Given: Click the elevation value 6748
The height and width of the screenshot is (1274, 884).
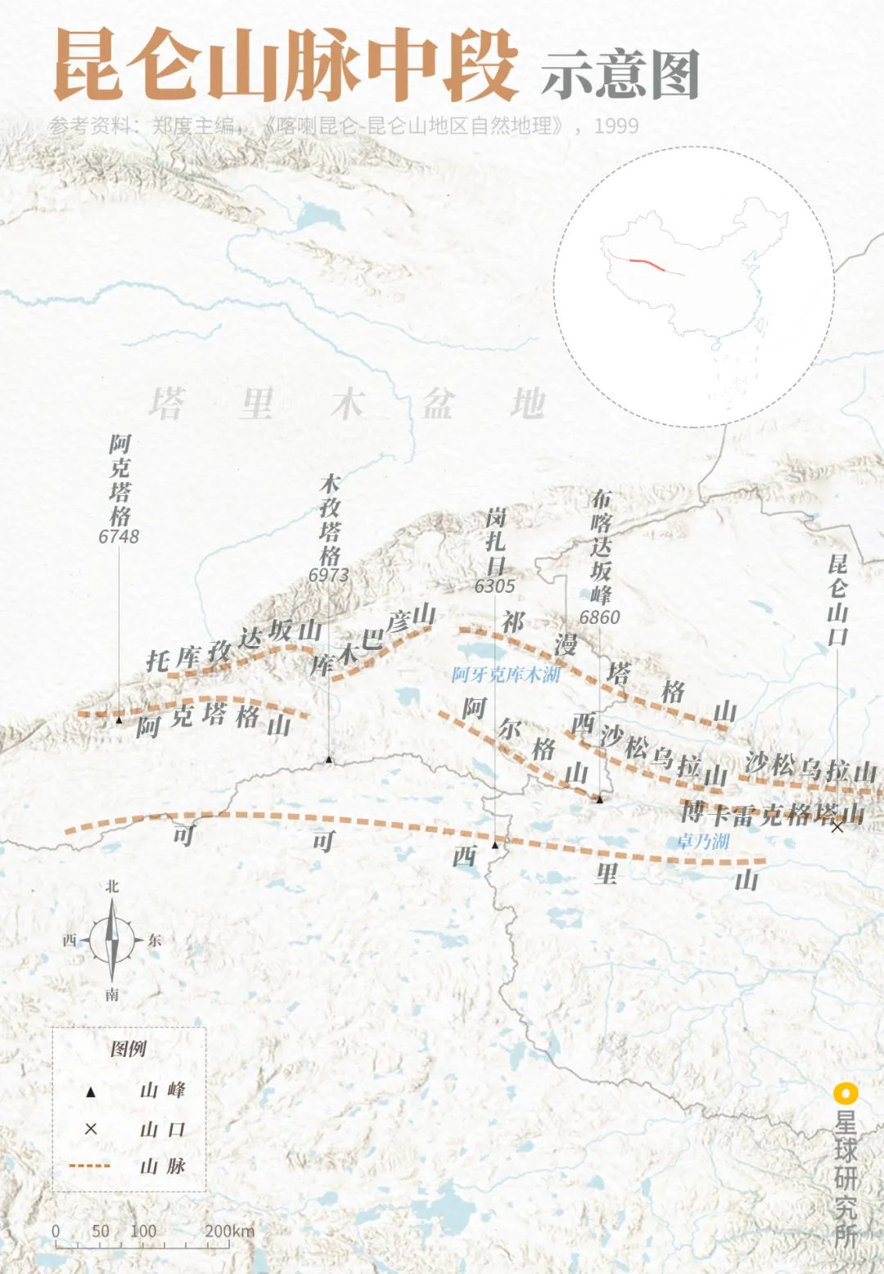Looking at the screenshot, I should click(119, 536).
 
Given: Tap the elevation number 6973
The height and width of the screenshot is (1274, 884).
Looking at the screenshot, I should click(328, 575).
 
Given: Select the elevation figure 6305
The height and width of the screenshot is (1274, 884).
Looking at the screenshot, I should click(494, 586).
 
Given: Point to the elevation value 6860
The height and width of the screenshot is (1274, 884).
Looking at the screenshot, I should click(599, 617).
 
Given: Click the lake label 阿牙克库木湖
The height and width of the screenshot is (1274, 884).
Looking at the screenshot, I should click(506, 675).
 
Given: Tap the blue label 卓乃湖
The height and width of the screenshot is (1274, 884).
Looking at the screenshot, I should click(702, 841).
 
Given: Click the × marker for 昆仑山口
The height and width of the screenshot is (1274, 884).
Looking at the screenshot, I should click(837, 827).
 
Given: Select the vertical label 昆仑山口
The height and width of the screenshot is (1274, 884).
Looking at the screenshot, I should click(837, 599).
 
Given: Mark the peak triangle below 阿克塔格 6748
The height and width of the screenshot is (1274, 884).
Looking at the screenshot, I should click(120, 720).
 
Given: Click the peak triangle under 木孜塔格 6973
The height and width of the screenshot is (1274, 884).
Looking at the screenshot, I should click(329, 760).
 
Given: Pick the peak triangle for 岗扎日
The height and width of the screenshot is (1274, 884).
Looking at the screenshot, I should click(495, 844).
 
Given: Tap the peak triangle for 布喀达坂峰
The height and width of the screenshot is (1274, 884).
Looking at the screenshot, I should click(599, 799).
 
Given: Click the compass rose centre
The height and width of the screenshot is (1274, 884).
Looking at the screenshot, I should click(113, 939).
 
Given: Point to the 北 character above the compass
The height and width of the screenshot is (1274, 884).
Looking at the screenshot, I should click(112, 887).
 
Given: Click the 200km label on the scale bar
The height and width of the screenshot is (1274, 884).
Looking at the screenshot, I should click(229, 1231).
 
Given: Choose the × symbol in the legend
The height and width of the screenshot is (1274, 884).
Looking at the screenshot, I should click(91, 1129).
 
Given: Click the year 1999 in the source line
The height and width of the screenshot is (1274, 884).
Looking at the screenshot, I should click(616, 126).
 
